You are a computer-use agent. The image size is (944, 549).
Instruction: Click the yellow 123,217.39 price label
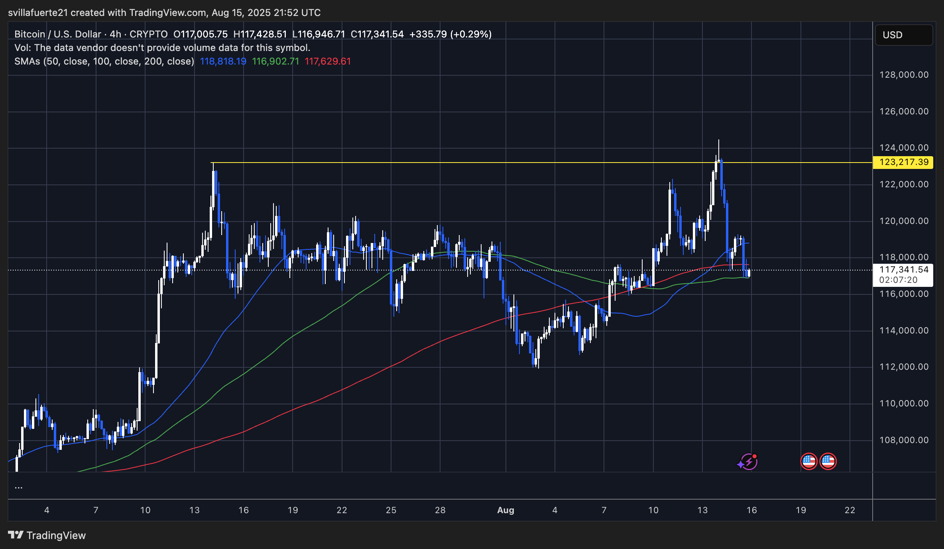[903, 162]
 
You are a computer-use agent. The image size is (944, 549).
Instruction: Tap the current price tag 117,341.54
[904, 270]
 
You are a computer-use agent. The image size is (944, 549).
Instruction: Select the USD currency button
[903, 35]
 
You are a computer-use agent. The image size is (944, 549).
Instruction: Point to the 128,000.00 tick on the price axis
[904, 75]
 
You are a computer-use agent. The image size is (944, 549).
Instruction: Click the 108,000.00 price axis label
[904, 440]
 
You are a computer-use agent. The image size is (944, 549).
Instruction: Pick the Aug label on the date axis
[505, 510]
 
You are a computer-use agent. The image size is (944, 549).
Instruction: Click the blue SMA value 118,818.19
[223, 61]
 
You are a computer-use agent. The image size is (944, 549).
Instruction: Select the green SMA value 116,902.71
[275, 61]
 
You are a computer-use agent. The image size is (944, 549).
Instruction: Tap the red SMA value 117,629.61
[328, 61]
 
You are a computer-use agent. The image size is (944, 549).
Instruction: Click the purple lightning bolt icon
[748, 462]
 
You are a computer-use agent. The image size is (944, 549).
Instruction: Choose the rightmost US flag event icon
[828, 461]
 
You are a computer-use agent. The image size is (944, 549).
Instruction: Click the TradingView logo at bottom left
[47, 535]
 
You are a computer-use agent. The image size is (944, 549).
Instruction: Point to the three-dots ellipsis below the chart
[18, 487]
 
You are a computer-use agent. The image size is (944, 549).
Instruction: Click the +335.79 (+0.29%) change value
[450, 34]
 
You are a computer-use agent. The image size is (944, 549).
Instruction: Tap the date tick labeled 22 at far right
[850, 510]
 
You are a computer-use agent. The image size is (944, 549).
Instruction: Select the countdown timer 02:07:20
[898, 280]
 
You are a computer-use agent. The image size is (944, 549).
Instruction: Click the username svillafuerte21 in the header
[38, 13]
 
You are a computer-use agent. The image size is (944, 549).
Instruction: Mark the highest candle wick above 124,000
[719, 142]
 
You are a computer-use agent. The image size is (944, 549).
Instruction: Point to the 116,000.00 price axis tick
[904, 294]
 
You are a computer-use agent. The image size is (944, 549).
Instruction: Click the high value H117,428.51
[260, 34]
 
